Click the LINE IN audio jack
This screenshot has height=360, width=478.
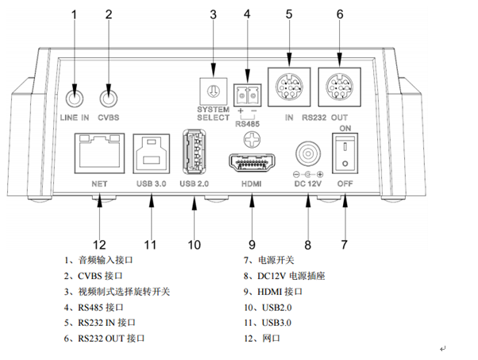tap(75, 99)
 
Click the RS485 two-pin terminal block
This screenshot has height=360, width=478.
tap(247, 95)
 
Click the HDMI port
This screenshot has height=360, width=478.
tap(252, 163)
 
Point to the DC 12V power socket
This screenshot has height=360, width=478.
tap(308, 153)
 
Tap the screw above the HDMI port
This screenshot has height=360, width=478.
tap(252, 138)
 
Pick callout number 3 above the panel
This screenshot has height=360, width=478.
tap(213, 15)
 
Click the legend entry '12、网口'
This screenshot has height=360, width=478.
tap(262, 338)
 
